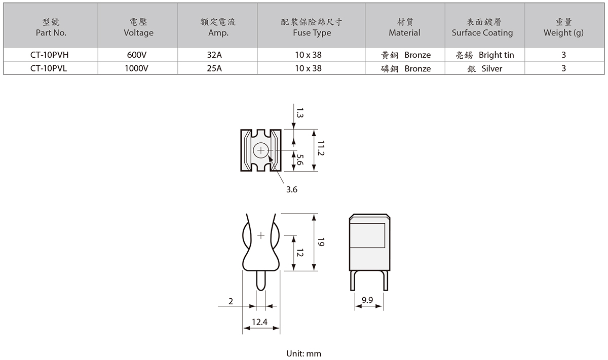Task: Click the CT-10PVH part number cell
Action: click(x=49, y=55)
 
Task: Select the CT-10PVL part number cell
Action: click(x=49, y=68)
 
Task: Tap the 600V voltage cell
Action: click(x=138, y=55)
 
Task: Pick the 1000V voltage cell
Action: click(x=138, y=68)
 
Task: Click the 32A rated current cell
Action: click(x=218, y=55)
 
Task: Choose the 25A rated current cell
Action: click(x=218, y=68)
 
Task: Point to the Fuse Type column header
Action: click(x=312, y=27)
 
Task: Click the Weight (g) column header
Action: click(x=563, y=27)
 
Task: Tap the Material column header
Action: click(x=404, y=27)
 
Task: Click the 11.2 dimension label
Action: click(x=321, y=148)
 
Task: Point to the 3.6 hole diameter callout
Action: click(x=292, y=190)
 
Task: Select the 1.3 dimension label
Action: click(x=300, y=113)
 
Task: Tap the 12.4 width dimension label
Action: click(x=260, y=322)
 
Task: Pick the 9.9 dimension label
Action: click(x=367, y=300)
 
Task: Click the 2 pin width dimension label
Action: click(x=231, y=301)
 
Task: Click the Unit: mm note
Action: click(x=304, y=353)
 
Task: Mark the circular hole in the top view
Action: click(x=261, y=150)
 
